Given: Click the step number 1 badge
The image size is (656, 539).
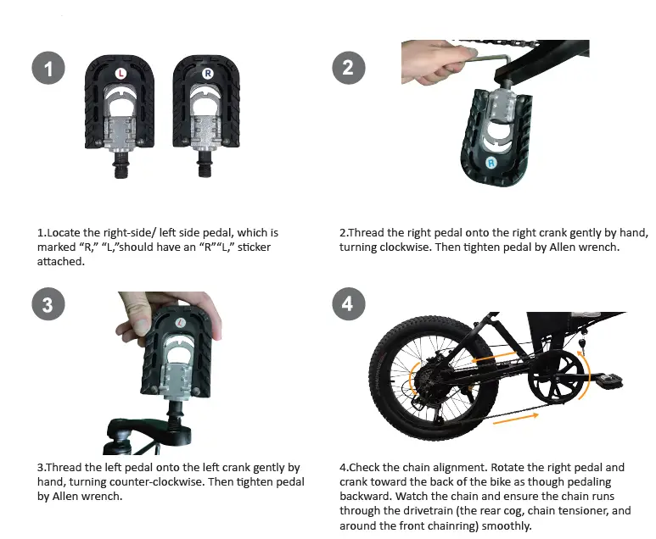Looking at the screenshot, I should [x=48, y=69].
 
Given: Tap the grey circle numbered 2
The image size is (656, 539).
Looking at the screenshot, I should [x=347, y=68].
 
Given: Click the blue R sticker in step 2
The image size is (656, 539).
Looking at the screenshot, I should [x=490, y=161].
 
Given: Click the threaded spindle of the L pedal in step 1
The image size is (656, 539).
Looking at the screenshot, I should [x=121, y=166].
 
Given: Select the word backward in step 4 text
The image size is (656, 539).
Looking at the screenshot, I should [x=367, y=496].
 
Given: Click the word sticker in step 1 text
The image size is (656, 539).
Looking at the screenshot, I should [x=255, y=247].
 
